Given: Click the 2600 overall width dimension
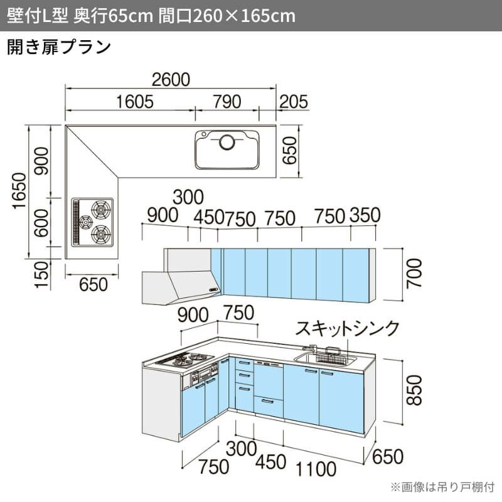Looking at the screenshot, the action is point(171,80).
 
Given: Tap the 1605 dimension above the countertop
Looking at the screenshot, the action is point(135,102).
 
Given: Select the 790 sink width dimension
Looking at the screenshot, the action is point(227,102).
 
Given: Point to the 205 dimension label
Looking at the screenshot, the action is point(294,102).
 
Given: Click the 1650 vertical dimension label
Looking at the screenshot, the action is point(19,191).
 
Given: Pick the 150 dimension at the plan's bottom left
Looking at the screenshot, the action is point(42,275).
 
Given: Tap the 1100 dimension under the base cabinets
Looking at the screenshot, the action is point(316,469).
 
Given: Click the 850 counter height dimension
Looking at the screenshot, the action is point(414,390).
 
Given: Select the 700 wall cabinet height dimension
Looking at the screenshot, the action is point(414,273).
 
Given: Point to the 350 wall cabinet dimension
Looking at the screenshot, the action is point(365,215).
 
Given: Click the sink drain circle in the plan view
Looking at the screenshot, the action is point(227,142).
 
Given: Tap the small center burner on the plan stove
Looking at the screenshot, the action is point(86,222).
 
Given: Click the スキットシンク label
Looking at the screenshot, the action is point(348,328).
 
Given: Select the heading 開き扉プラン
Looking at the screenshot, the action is point(59,48).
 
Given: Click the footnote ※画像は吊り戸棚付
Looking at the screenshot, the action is point(442,487).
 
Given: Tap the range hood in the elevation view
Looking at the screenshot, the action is point(181,287).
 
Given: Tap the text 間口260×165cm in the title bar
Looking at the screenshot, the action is point(227,16).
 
